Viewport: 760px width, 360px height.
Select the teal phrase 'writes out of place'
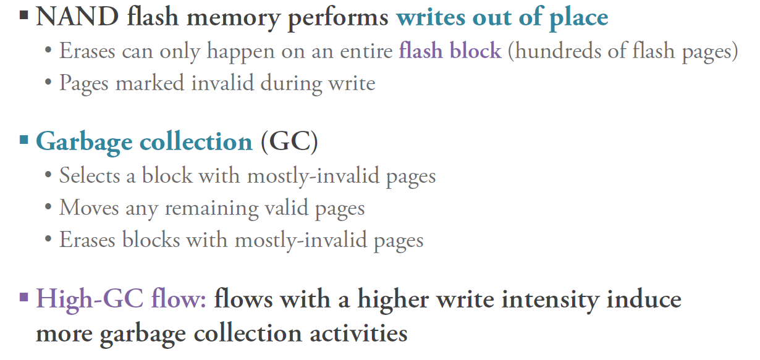(x=502, y=17)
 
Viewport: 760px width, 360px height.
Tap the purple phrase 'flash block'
(x=450, y=50)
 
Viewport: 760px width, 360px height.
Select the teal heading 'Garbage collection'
(x=144, y=141)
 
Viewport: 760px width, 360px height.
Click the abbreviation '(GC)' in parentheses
(x=289, y=141)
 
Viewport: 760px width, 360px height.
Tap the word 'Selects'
(x=89, y=175)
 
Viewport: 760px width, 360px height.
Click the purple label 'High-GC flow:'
(x=121, y=300)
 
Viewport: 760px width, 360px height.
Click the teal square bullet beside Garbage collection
(x=24, y=140)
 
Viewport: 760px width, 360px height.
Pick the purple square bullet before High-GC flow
(x=24, y=298)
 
